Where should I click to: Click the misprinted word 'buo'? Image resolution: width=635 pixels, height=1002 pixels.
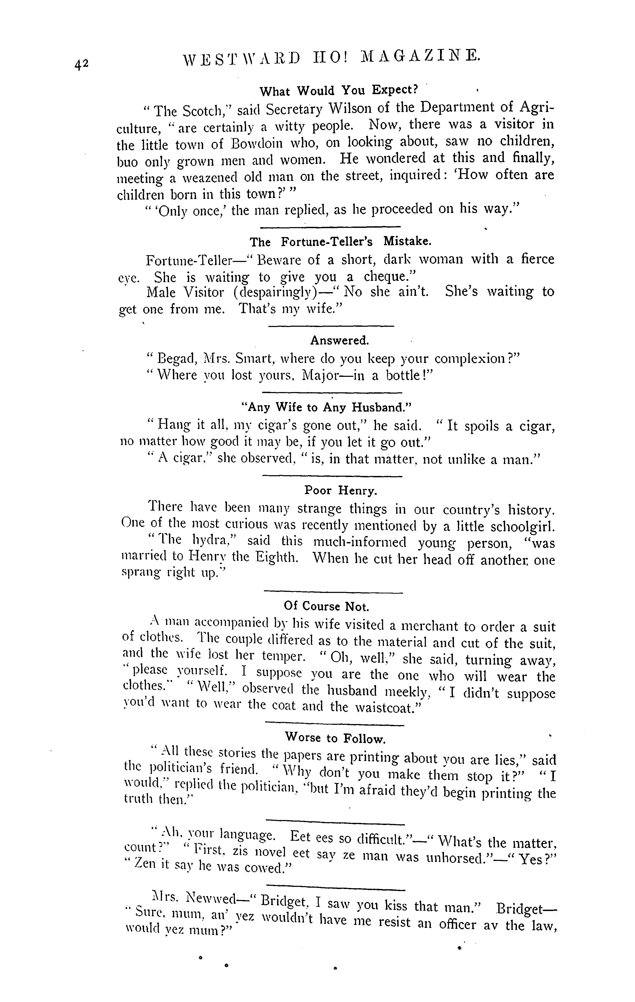128,161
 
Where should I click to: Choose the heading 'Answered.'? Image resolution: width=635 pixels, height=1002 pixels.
339,340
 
